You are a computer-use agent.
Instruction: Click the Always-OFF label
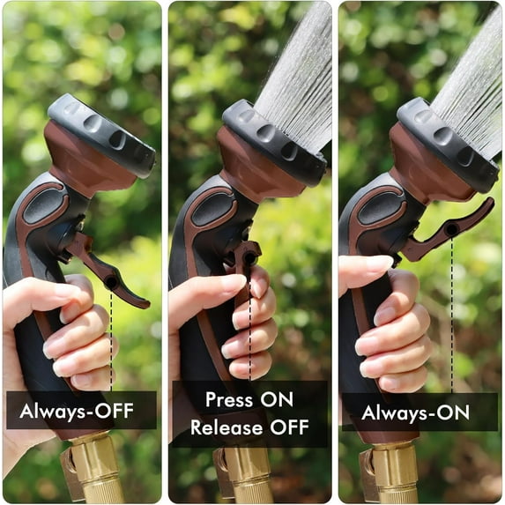81,410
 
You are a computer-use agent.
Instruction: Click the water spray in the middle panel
295,71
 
